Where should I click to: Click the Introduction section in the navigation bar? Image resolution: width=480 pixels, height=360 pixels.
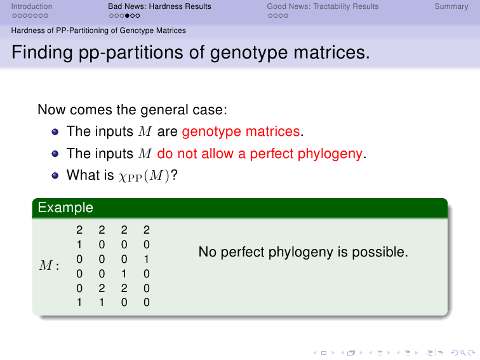32,6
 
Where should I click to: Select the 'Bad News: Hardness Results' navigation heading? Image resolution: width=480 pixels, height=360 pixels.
159,6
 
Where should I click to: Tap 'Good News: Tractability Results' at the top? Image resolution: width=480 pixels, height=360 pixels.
323,6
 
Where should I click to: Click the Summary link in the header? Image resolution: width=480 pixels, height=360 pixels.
451,6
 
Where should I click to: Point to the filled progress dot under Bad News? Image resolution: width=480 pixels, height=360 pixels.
127,16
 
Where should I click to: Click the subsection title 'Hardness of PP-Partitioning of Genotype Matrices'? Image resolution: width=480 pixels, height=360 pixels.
98,30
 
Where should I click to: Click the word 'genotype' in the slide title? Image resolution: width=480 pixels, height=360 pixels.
249,53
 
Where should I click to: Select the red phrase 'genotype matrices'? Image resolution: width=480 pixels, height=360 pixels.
241,131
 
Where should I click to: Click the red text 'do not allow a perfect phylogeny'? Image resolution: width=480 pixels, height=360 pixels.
260,154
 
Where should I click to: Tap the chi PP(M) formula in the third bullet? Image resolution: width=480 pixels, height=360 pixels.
144,176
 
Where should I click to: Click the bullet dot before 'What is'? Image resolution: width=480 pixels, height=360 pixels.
55,175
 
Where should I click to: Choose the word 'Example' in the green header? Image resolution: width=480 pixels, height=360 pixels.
65,208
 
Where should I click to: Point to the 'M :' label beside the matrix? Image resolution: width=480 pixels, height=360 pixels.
49,265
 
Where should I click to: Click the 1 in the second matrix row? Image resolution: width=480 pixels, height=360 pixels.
79,244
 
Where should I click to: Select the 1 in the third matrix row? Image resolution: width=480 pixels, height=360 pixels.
147,259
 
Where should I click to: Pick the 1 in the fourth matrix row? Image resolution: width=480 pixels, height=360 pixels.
124,274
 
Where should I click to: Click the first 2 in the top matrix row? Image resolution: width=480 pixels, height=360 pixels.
79,230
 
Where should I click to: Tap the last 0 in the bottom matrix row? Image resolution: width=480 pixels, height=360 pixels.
147,302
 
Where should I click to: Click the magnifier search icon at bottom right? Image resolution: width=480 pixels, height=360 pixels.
463,353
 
